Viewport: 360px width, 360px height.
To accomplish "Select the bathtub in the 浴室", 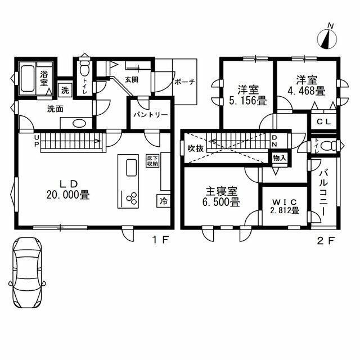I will [28, 80].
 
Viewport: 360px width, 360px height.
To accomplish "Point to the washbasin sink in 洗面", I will [79, 124].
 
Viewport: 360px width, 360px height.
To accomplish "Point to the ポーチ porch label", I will [184, 82].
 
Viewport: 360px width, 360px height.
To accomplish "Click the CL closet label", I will [323, 121].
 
